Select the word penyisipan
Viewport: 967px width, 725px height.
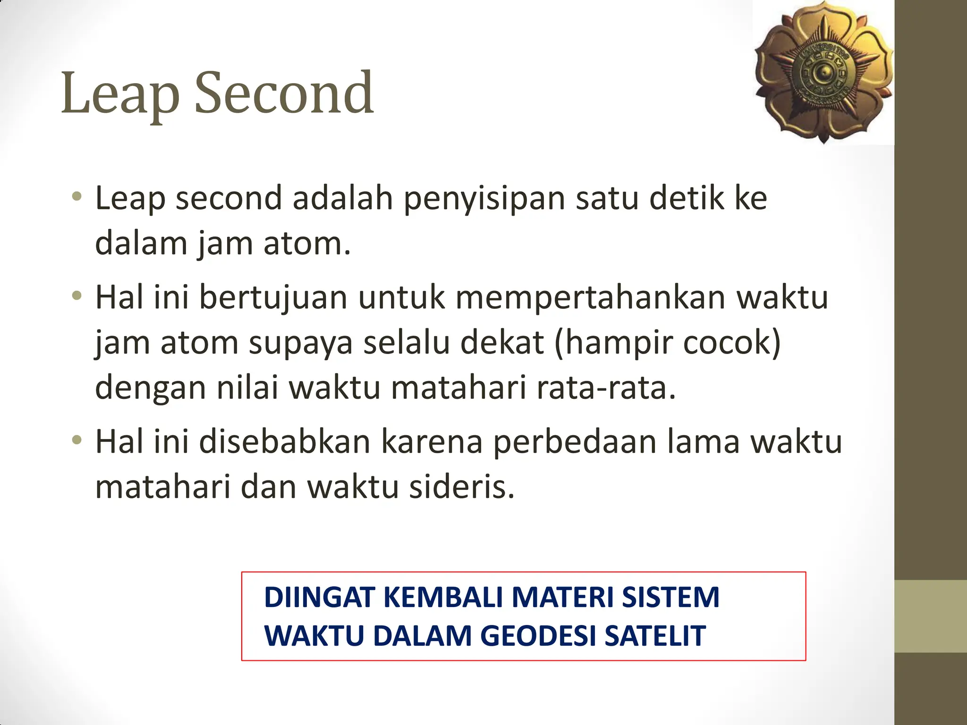click(484, 199)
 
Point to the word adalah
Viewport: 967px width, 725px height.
click(343, 198)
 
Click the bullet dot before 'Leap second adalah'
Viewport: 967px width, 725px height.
click(76, 197)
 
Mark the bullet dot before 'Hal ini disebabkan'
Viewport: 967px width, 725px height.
click(76, 441)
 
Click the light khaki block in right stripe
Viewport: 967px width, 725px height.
click(931, 616)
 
